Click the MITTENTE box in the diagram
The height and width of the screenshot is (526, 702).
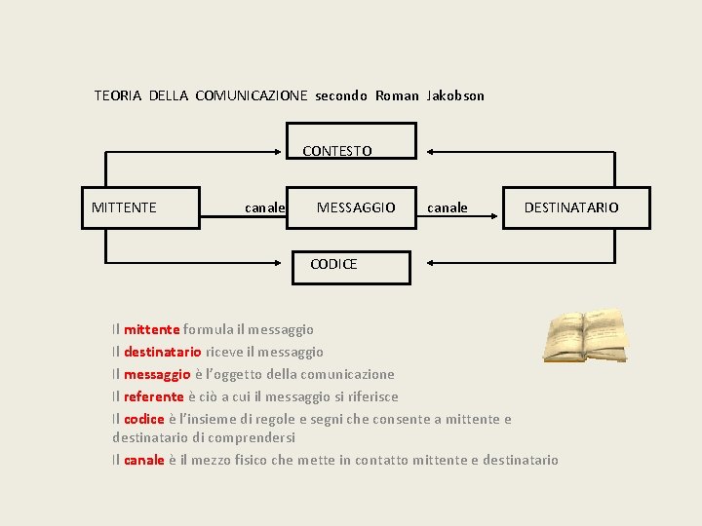click(140, 207)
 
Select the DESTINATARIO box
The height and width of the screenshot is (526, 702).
click(575, 207)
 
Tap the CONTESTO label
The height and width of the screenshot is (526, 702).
click(337, 151)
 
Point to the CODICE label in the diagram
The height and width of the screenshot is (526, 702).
click(333, 264)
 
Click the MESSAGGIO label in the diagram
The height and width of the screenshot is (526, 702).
click(356, 207)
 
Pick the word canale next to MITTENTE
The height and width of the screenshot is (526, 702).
click(264, 207)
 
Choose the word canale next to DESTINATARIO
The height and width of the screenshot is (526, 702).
click(448, 207)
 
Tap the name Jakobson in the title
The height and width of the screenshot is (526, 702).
click(455, 95)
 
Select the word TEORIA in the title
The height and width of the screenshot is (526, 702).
click(118, 95)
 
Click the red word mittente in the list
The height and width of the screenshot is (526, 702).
click(151, 330)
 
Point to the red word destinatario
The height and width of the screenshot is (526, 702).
click(163, 352)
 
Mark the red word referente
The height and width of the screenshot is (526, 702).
click(154, 396)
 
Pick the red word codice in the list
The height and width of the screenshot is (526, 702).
click(144, 419)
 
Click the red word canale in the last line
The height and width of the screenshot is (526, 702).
click(144, 460)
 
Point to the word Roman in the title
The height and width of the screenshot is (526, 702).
click(397, 95)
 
